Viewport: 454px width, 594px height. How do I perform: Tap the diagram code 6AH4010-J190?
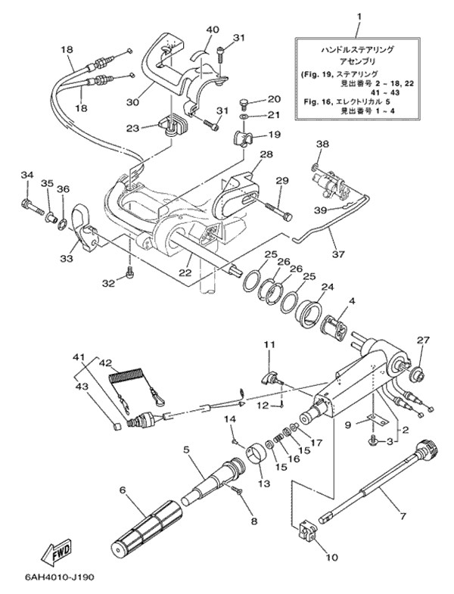(x=47, y=581)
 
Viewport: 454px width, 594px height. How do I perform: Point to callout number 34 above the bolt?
(x=26, y=176)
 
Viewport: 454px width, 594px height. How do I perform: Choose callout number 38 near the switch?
(x=322, y=144)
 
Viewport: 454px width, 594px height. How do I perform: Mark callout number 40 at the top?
(x=213, y=30)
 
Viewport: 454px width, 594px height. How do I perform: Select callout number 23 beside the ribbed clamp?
(x=132, y=128)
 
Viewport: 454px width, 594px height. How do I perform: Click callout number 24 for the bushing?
(x=327, y=288)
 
